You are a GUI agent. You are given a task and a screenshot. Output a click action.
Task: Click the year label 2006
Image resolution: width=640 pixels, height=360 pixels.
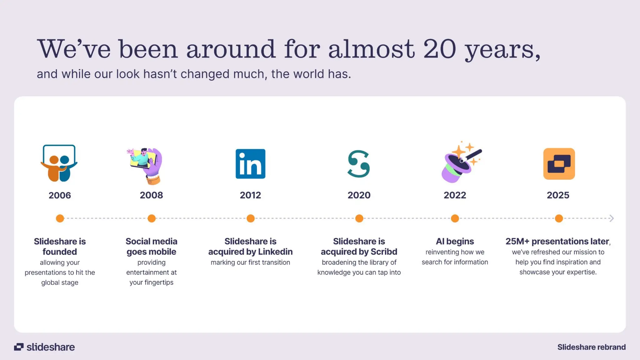pyautogui.click(x=60, y=195)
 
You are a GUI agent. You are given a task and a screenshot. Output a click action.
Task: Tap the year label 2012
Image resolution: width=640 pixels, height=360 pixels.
pyautogui.click(x=250, y=195)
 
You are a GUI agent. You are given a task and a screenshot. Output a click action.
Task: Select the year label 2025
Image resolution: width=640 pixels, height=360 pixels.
pyautogui.click(x=558, y=195)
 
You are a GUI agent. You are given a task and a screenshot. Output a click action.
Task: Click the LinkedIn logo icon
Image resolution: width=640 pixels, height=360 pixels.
pyautogui.click(x=250, y=164)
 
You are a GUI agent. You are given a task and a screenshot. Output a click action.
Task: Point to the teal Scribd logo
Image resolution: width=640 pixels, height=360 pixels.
pyautogui.click(x=359, y=164)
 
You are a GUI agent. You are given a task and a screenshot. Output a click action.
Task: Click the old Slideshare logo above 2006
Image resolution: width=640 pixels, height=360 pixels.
pyautogui.click(x=59, y=163)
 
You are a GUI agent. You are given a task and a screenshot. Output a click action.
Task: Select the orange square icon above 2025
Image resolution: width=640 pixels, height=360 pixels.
pyautogui.click(x=559, y=164)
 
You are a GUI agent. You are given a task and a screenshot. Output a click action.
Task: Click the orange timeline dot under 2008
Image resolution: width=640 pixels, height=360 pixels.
pyautogui.click(x=152, y=218)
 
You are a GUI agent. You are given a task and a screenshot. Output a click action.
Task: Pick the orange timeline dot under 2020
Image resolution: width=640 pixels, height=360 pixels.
pyautogui.click(x=359, y=218)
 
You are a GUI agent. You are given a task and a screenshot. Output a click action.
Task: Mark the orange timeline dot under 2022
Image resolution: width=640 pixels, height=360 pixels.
pyautogui.click(x=455, y=218)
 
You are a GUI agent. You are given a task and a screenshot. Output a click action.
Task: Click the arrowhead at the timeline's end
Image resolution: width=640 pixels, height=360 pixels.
pyautogui.click(x=612, y=218)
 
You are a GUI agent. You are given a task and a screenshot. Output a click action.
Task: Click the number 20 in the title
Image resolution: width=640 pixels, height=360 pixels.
pyautogui.click(x=440, y=49)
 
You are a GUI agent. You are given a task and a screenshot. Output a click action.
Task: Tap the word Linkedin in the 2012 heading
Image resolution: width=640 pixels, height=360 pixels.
pyautogui.click(x=275, y=252)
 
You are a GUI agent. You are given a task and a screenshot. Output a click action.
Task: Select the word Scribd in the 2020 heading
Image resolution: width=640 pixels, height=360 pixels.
pyautogui.click(x=384, y=252)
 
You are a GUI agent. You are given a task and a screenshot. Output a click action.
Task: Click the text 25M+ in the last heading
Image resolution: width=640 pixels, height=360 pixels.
pyautogui.click(x=517, y=241)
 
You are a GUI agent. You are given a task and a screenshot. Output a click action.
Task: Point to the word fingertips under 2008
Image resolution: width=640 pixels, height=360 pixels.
pyautogui.click(x=159, y=282)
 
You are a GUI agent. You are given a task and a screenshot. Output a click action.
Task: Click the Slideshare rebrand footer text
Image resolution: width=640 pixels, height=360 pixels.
pyautogui.click(x=591, y=347)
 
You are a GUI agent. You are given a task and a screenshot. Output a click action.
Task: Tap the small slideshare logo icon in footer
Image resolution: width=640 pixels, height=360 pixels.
pyautogui.click(x=19, y=347)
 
